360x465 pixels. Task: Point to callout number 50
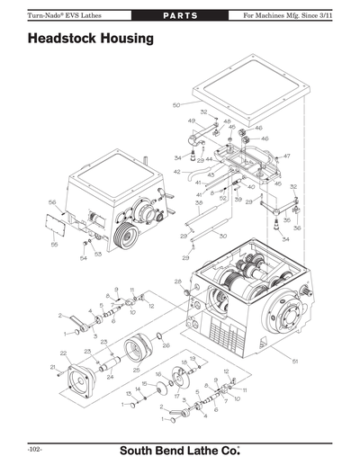(176, 105)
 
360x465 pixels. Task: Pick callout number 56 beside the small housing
(52, 202)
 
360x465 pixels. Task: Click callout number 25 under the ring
(136, 370)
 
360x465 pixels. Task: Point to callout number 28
(177, 282)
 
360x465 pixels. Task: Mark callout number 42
(177, 171)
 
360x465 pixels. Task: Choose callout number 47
(287, 156)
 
